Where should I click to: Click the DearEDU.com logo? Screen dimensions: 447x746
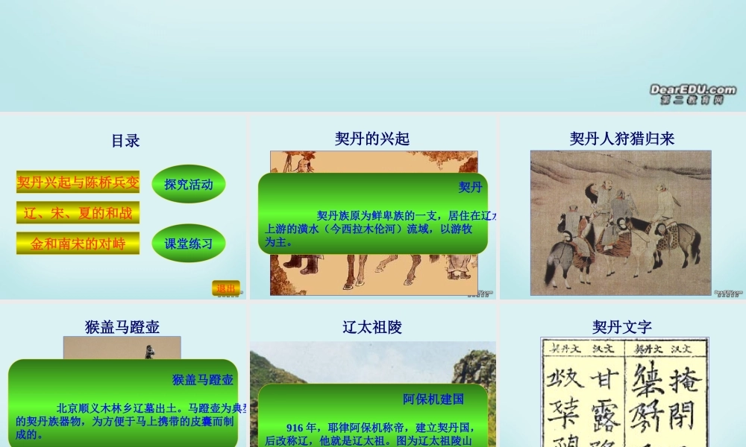pyautogui.click(x=692, y=93)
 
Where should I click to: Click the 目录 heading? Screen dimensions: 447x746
pyautogui.click(x=125, y=141)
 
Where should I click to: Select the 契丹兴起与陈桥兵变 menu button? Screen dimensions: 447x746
pyautogui.click(x=78, y=182)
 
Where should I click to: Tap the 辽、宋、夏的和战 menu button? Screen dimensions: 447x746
pyautogui.click(x=78, y=213)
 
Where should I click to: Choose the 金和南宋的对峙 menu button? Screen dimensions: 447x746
pyautogui.click(x=78, y=243)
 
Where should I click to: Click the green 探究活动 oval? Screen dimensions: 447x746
pyautogui.click(x=189, y=184)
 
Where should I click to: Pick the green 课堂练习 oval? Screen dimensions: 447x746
pyautogui.click(x=189, y=244)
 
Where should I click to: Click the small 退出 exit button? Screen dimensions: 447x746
pyautogui.click(x=225, y=288)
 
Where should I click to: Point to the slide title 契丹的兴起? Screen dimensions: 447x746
pyautogui.click(x=372, y=139)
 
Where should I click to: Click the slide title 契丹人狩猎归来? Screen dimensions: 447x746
pyautogui.click(x=621, y=139)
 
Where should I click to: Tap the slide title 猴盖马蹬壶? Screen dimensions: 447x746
pyautogui.click(x=122, y=327)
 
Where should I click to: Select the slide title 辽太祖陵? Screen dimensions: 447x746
pyautogui.click(x=372, y=327)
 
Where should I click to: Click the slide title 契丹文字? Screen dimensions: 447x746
pyautogui.click(x=621, y=327)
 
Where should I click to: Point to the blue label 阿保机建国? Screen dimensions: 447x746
pyautogui.click(x=433, y=399)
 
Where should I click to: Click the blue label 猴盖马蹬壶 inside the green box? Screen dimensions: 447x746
pyautogui.click(x=202, y=379)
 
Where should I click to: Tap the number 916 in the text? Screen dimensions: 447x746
pyautogui.click(x=295, y=428)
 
